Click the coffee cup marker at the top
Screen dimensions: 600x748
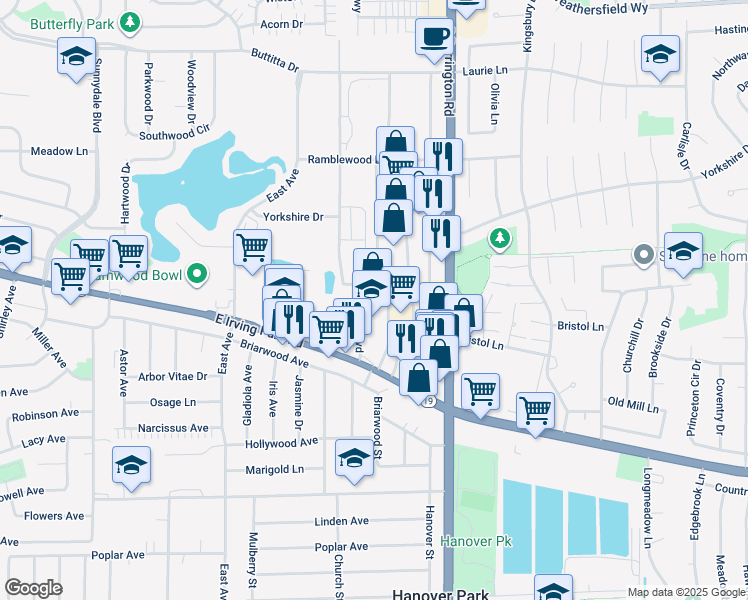tap(434, 37)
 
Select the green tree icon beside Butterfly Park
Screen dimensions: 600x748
tap(128, 22)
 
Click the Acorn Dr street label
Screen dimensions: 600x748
tap(281, 24)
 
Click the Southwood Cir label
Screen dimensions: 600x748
tap(175, 131)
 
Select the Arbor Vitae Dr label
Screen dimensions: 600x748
tap(173, 377)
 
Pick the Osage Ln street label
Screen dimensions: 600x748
tap(173, 402)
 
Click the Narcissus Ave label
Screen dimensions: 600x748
tap(173, 428)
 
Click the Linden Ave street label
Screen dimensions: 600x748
tap(341, 521)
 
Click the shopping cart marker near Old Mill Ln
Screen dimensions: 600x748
tap(536, 409)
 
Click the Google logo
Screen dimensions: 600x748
tap(33, 588)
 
